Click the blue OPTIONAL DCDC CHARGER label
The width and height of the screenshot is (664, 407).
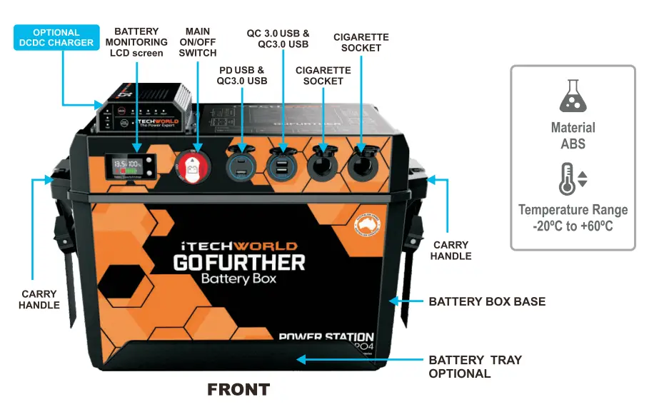pyautogui.click(x=56, y=37)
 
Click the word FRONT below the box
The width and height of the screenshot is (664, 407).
pyautogui.click(x=238, y=390)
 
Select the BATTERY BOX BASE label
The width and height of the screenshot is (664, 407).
pyautogui.click(x=487, y=301)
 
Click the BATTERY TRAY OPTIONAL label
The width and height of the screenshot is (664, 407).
pyautogui.click(x=475, y=366)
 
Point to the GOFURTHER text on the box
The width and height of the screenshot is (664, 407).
pyautogui.click(x=239, y=262)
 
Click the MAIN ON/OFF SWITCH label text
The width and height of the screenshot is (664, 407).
pyautogui.click(x=198, y=42)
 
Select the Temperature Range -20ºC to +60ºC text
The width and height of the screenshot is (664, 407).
pyautogui.click(x=573, y=218)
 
